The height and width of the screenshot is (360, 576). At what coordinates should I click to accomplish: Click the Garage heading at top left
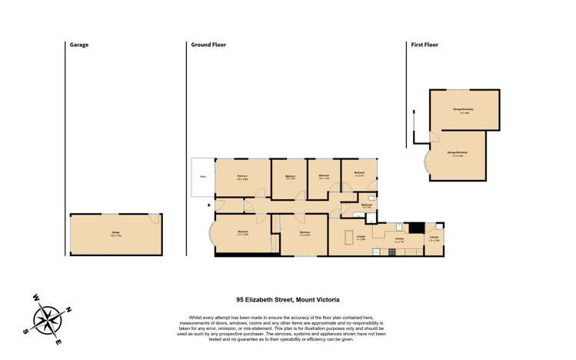point(79,45)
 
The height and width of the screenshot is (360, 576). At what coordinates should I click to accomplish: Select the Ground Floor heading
point(208,45)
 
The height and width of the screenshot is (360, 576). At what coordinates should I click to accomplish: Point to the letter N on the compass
point(68,309)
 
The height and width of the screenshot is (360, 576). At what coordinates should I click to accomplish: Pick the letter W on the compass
point(35,298)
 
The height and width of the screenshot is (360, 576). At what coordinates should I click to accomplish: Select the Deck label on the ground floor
point(203,177)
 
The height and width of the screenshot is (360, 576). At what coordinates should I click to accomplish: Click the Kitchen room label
point(399,239)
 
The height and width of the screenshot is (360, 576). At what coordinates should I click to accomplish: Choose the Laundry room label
point(434,238)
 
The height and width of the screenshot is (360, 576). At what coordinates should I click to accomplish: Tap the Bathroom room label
point(367,205)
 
